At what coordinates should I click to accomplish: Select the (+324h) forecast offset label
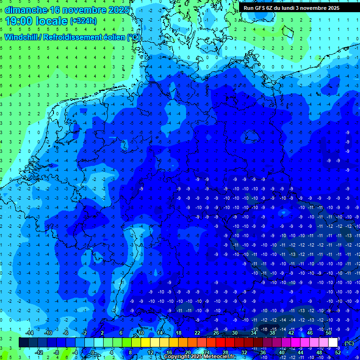[83, 21]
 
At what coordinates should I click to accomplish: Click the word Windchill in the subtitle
[22, 37]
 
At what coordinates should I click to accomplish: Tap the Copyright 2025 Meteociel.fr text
[199, 357]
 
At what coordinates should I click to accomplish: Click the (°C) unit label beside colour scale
[349, 343]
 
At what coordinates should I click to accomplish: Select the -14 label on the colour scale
[29, 333]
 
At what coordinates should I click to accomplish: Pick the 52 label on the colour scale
[338, 352]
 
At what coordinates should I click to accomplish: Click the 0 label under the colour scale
[93, 352]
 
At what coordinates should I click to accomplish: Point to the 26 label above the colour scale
[216, 333]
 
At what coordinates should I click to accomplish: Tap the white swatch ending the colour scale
[333, 343]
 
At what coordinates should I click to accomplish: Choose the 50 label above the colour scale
[329, 333]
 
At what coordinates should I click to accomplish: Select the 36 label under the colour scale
[263, 352]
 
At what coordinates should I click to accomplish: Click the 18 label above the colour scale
[179, 333]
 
